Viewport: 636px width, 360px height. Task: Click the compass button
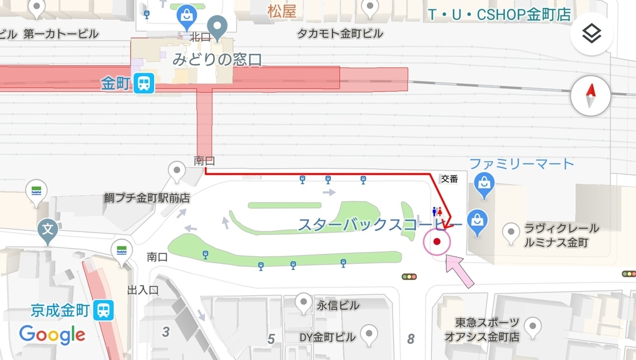click(x=591, y=96)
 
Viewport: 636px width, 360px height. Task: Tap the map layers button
click(x=591, y=34)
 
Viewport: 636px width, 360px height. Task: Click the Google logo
click(x=52, y=335)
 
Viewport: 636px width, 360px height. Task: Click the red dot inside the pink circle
click(x=437, y=241)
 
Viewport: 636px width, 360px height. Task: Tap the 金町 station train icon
click(x=144, y=83)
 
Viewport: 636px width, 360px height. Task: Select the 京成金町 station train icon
click(x=104, y=309)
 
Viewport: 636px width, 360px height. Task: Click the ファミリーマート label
click(x=520, y=164)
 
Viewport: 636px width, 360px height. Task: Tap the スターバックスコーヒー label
click(x=379, y=225)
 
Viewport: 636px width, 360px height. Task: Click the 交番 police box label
click(x=449, y=179)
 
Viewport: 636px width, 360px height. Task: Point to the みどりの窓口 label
click(x=217, y=60)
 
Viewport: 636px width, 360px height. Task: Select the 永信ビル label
click(x=338, y=305)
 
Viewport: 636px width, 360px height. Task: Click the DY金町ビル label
click(x=327, y=337)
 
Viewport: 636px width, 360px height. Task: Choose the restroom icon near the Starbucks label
click(x=437, y=212)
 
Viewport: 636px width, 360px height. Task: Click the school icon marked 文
click(x=48, y=229)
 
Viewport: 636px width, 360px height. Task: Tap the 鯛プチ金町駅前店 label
click(x=147, y=199)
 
